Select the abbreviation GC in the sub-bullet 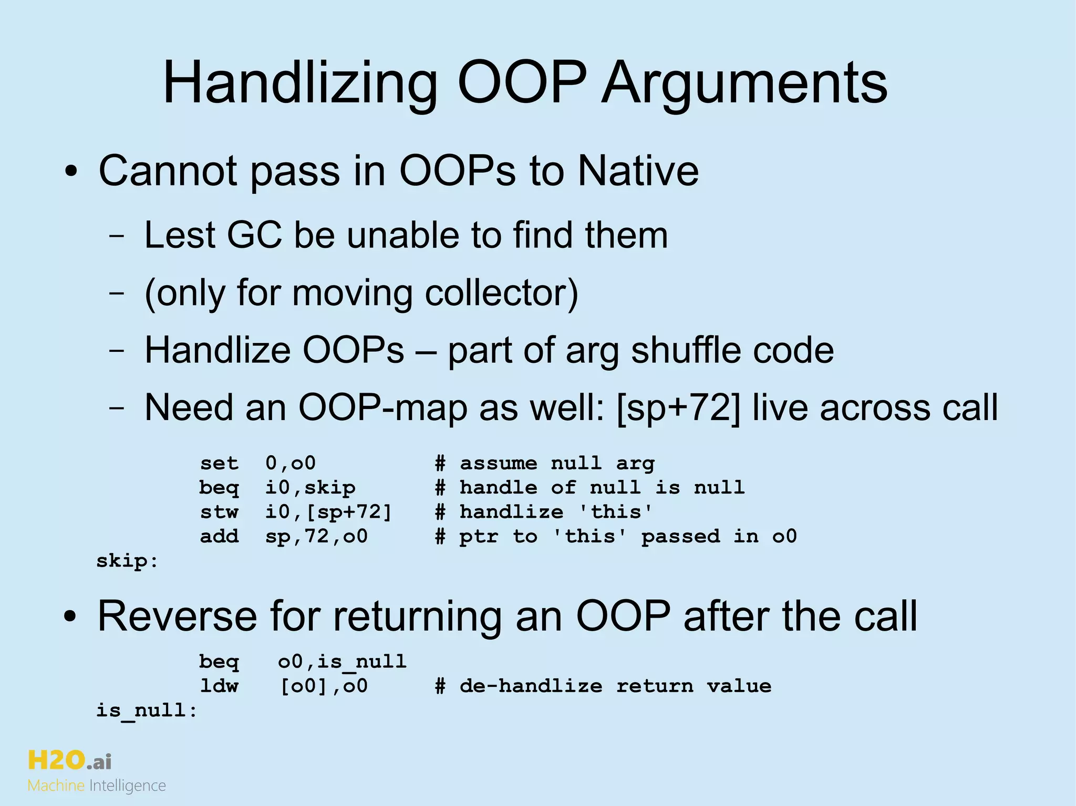(x=254, y=235)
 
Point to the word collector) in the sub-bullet (x=501, y=292)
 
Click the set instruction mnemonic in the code (x=219, y=463)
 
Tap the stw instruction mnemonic (x=219, y=512)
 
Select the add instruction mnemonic (x=219, y=536)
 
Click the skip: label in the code (x=127, y=561)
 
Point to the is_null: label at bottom (x=147, y=710)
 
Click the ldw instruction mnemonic (x=219, y=686)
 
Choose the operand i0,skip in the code (x=310, y=488)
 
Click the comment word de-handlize (x=531, y=686)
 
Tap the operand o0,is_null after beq (x=342, y=662)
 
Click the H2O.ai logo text (x=69, y=760)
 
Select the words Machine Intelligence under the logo (x=97, y=786)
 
